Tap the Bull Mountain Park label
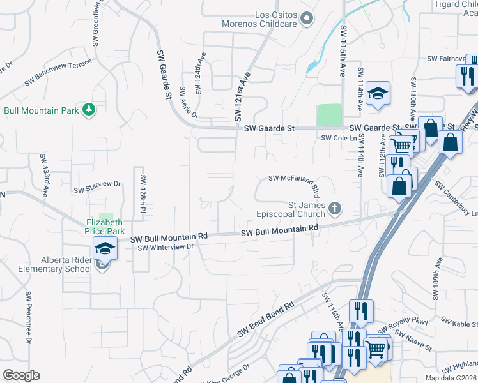click(x=41, y=110)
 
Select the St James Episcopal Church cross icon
click(x=335, y=208)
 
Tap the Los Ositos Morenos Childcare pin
click(x=307, y=19)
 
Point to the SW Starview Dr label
click(x=97, y=187)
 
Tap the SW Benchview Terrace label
click(x=59, y=73)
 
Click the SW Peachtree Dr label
click(x=29, y=318)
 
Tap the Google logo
click(x=21, y=375)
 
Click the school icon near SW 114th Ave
click(x=378, y=94)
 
